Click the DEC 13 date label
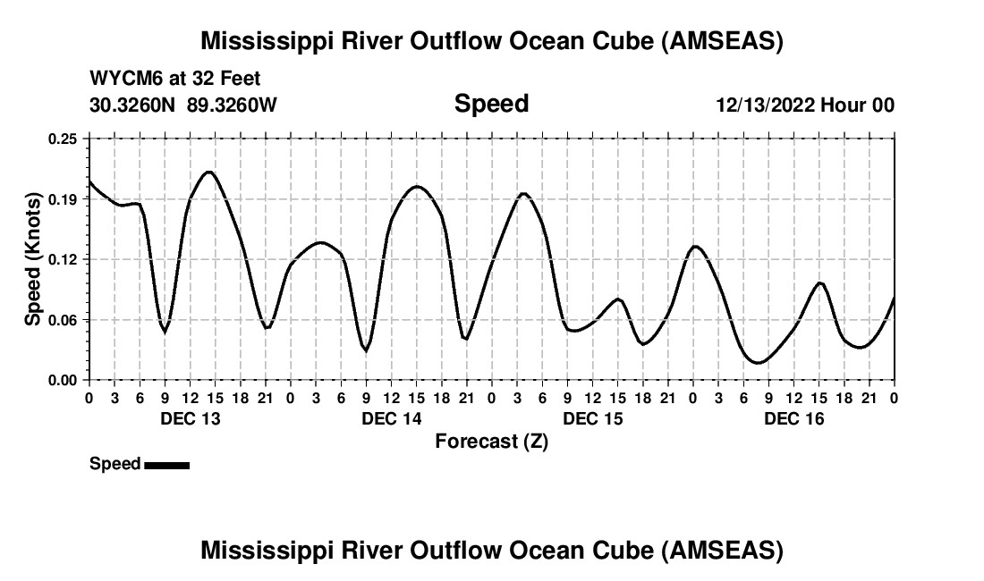190,419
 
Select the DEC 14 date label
391,419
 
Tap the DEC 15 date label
593,419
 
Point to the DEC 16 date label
794,419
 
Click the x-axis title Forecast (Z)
491,441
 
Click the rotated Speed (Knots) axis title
33,259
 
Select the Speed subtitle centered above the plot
491,104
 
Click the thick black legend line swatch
166,465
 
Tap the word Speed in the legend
115,464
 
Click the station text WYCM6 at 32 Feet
175,79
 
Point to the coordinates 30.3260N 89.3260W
183,105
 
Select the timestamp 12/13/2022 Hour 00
805,105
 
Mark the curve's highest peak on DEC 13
209,172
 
